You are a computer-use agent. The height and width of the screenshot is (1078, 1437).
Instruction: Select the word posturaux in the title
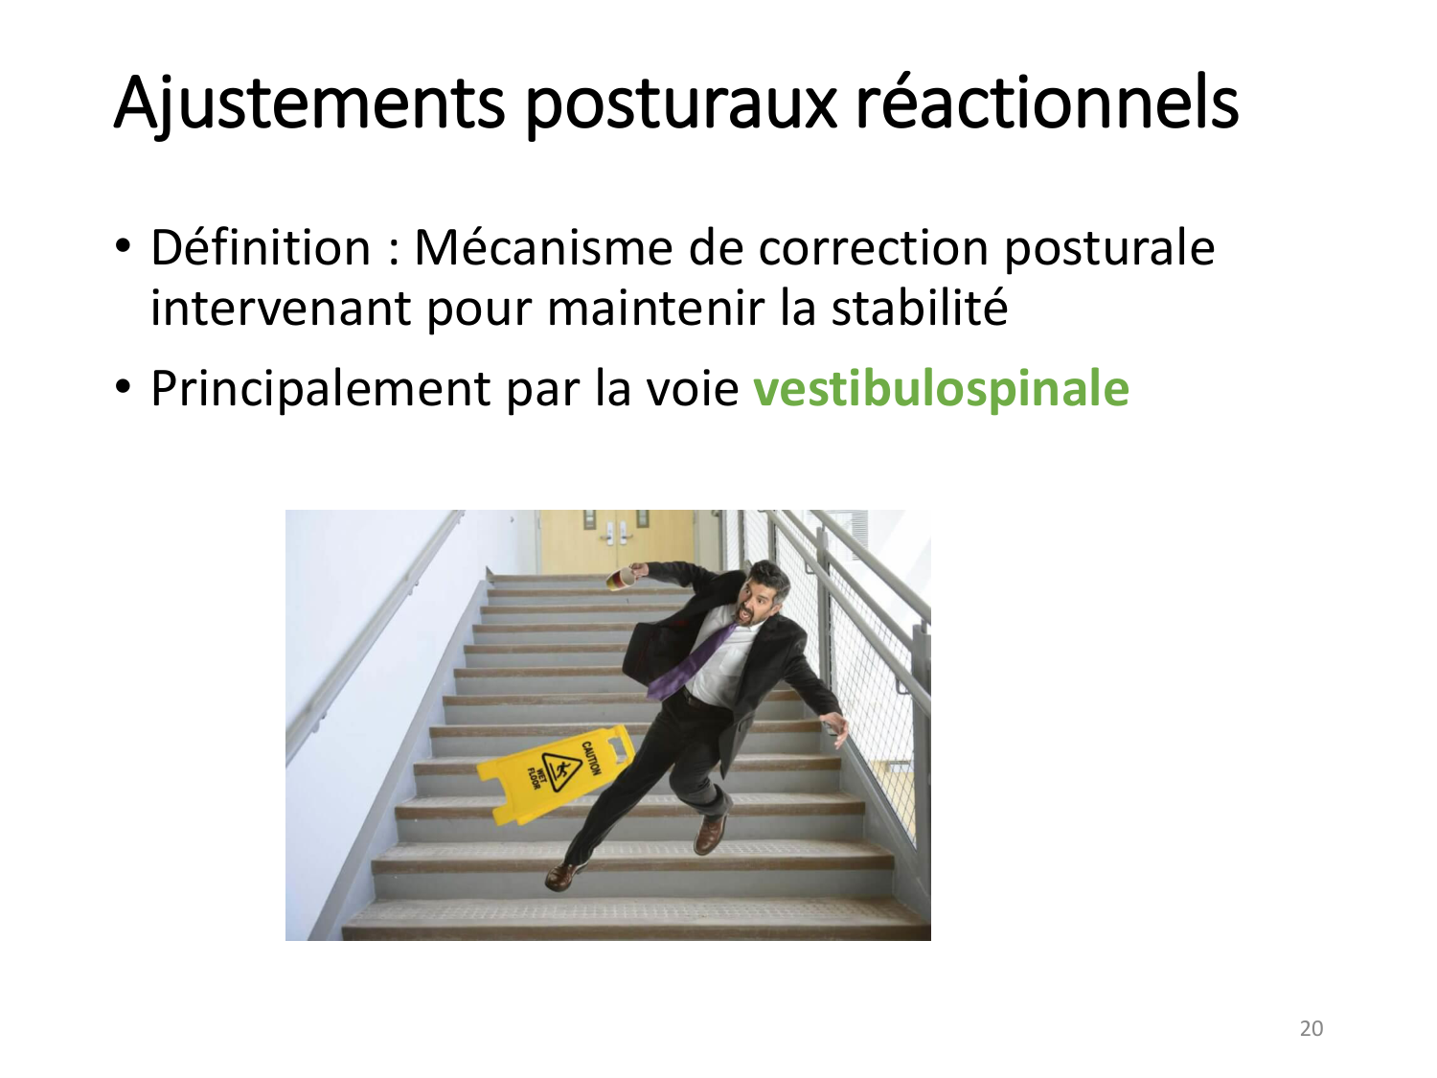679,103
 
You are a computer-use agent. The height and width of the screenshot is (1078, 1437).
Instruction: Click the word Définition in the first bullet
260,247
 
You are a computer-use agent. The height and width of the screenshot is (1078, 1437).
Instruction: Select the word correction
873,247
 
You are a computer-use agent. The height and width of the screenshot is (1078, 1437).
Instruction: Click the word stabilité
919,309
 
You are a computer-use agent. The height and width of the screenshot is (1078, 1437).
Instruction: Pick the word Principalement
321,389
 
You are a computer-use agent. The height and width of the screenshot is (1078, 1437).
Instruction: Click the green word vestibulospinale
941,388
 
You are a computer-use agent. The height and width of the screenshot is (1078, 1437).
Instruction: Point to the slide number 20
1311,1028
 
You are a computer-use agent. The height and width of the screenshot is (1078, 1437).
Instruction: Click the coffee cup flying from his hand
622,578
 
